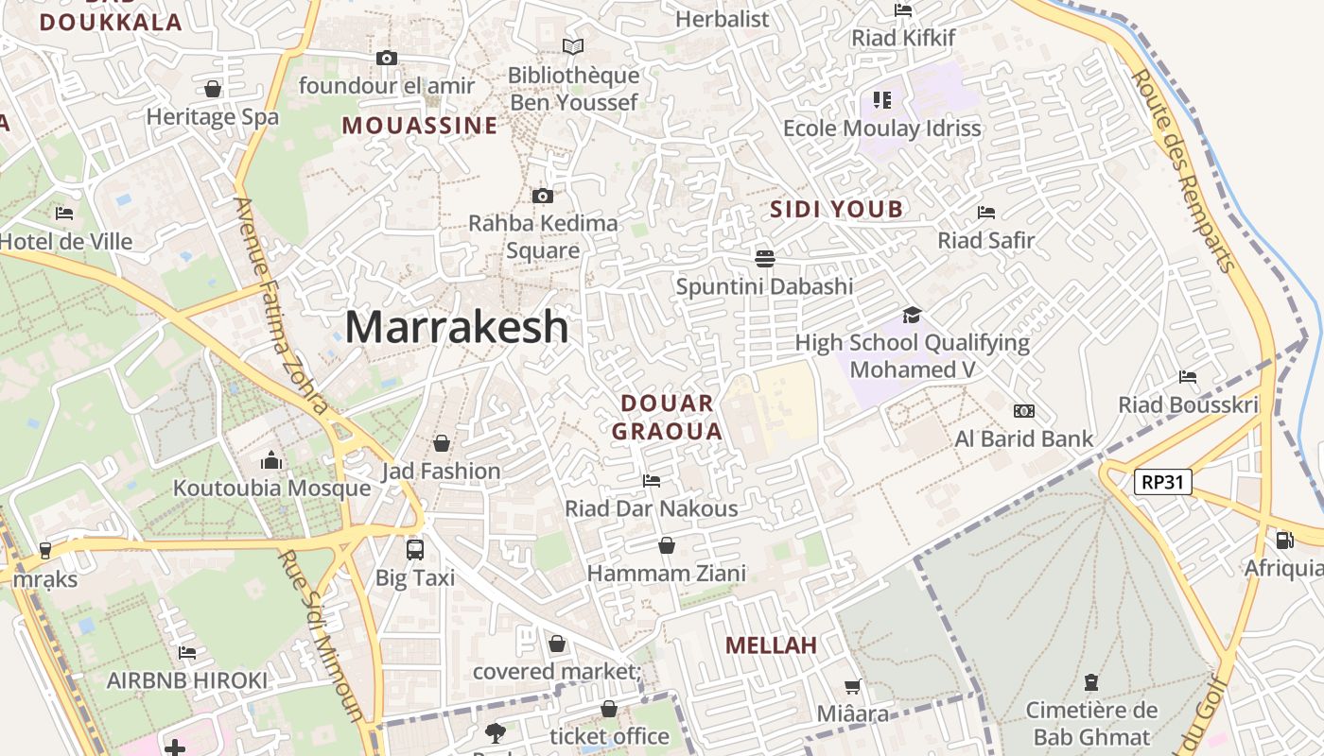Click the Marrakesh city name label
[457, 327]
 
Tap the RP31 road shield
[1162, 482]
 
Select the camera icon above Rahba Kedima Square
[543, 197]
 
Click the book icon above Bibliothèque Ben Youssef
[573, 46]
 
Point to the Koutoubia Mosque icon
[271, 460]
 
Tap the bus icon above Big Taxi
[414, 549]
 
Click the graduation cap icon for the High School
[912, 315]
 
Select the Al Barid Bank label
[1023, 438]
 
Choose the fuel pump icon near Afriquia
[1284, 540]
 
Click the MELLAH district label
[771, 645]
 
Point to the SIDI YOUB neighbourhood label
[836, 210]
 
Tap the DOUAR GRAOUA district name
[667, 418]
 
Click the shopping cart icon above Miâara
[853, 686]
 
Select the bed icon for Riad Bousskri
[1188, 377]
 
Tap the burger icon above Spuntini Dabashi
[764, 258]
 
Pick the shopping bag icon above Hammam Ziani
[667, 545]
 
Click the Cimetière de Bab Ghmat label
[1091, 723]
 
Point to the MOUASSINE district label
[419, 126]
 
